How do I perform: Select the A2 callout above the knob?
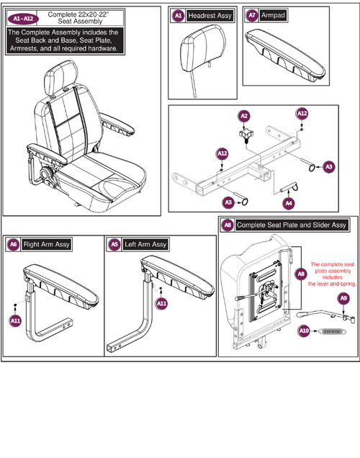[244, 116]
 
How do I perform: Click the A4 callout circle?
[289, 204]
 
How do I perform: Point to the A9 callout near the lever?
[344, 298]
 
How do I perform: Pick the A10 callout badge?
[305, 331]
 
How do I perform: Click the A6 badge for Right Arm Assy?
[13, 245]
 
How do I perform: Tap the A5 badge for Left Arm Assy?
[114, 245]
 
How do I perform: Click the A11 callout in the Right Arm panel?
[14, 320]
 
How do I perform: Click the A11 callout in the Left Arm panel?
[162, 305]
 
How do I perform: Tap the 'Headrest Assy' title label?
[210, 15]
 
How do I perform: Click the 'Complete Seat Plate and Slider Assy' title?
[292, 225]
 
